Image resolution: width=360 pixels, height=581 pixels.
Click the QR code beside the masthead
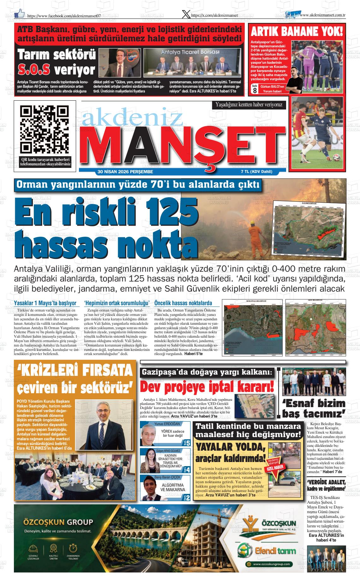tap(44, 129)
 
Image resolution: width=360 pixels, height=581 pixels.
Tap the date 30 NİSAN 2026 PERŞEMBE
tap(125, 172)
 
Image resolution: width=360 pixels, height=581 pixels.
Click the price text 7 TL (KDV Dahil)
tap(256, 172)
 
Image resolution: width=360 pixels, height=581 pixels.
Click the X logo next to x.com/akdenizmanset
tap(187, 14)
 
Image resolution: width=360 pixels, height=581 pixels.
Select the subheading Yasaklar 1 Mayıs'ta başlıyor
tap(47, 303)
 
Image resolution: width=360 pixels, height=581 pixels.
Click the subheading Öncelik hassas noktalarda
tap(187, 303)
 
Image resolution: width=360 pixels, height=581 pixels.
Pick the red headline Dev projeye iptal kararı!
tap(207, 387)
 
